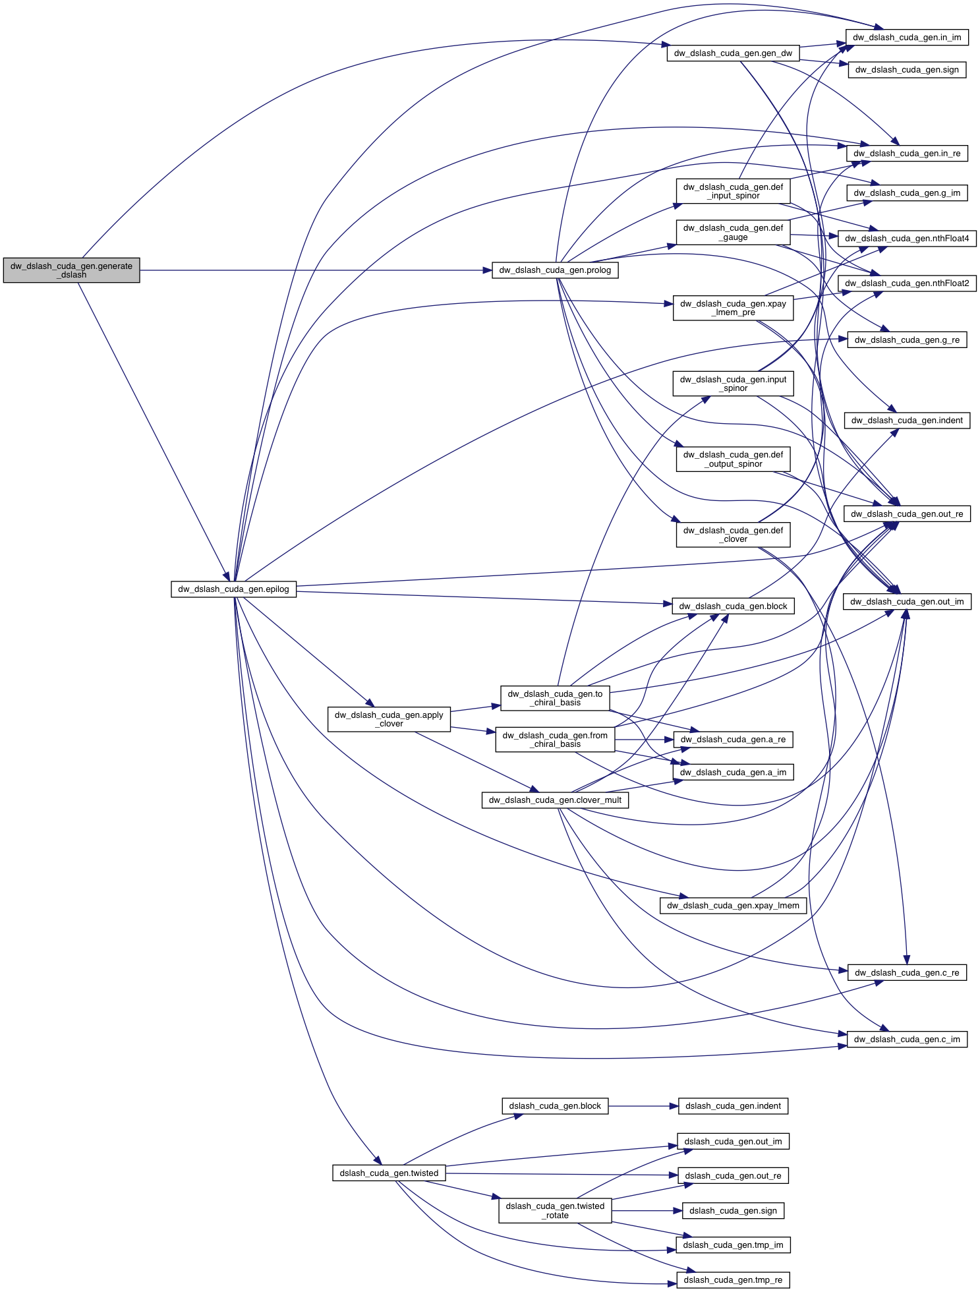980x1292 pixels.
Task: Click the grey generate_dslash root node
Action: tap(71, 270)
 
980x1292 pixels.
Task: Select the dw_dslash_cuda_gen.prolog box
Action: tap(554, 270)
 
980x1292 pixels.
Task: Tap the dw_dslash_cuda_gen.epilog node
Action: tap(233, 589)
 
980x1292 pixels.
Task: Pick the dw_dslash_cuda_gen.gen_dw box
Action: tap(733, 53)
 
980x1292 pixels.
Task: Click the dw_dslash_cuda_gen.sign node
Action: tap(906, 70)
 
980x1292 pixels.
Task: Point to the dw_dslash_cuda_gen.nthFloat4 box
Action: tap(906, 239)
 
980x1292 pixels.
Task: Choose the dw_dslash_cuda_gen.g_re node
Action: tap(906, 340)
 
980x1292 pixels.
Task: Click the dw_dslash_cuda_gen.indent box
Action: tap(906, 421)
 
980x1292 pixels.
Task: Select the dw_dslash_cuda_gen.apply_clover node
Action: tap(389, 719)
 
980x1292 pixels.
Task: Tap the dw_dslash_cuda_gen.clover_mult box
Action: tap(554, 800)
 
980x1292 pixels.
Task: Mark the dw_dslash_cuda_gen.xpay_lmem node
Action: tap(733, 906)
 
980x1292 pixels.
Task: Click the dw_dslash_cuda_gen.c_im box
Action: tap(906, 1040)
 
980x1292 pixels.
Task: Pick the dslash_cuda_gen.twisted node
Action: tap(389, 1173)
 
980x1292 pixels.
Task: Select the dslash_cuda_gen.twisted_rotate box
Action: tap(554, 1211)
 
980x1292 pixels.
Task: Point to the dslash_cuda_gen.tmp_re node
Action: tap(733, 1280)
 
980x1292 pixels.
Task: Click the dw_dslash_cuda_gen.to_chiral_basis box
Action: tap(554, 698)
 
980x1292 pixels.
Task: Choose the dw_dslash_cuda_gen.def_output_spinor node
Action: tap(733, 459)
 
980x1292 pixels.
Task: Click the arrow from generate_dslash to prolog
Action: tap(316, 270)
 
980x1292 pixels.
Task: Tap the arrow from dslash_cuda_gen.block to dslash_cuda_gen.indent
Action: tap(643, 1106)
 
